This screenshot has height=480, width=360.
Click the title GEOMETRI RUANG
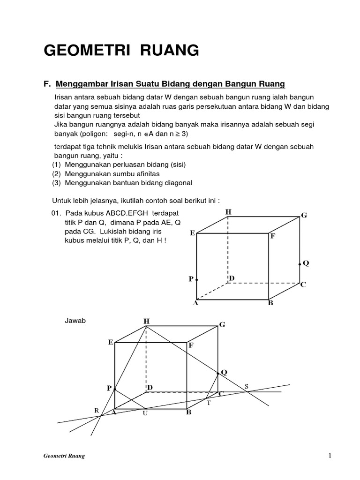(121, 50)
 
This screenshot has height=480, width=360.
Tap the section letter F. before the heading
(46, 84)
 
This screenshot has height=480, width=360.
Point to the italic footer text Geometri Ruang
(61, 456)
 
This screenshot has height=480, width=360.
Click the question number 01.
(56, 214)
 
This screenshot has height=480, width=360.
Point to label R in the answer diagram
(97, 410)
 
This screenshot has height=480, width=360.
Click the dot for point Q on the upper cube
(300, 264)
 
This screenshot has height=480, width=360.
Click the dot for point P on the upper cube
(196, 279)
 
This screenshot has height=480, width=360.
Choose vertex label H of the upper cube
(228, 212)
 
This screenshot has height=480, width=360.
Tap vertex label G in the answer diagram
(222, 324)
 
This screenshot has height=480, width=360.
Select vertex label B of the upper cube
(270, 303)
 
